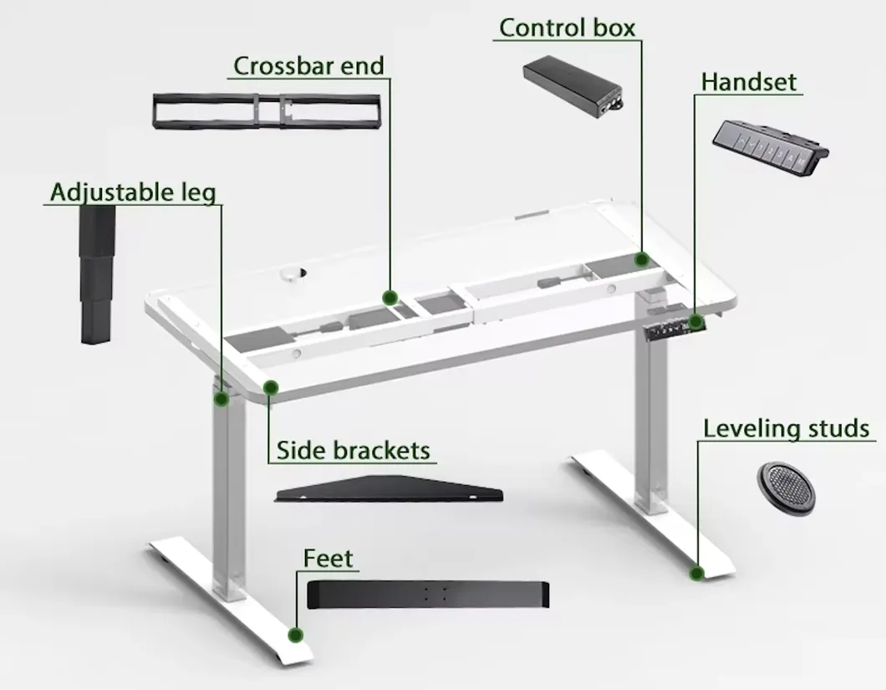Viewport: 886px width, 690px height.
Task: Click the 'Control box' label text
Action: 567,28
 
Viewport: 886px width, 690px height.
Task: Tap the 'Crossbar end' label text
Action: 308,65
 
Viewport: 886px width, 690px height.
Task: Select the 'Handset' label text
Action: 749,82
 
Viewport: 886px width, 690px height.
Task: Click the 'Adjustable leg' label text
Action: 133,192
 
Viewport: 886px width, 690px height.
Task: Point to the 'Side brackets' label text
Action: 354,450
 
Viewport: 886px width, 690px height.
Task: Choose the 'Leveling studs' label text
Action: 786,429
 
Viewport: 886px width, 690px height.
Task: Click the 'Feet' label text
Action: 328,558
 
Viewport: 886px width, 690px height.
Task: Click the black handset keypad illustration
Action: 770,146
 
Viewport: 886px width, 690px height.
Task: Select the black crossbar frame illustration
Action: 267,111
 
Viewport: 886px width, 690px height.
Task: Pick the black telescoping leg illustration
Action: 97,274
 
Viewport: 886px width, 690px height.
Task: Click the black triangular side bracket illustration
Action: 389,489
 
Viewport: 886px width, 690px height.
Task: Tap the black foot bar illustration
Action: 428,595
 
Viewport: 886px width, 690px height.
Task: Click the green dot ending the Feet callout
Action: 296,635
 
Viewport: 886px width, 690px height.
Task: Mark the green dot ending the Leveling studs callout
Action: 697,574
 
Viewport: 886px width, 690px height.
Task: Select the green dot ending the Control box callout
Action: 641,259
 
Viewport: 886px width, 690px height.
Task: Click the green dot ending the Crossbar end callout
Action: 390,298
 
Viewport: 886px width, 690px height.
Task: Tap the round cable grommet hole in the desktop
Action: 293,274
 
